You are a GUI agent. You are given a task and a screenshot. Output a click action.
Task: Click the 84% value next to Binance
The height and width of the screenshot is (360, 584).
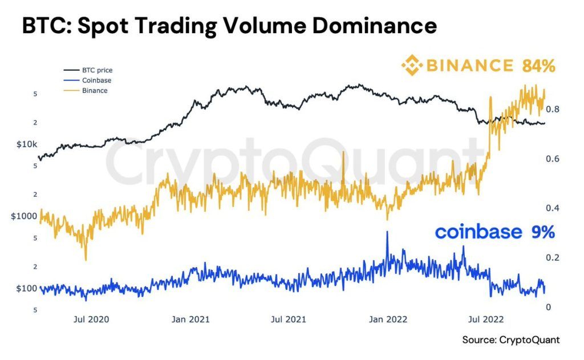click(x=538, y=66)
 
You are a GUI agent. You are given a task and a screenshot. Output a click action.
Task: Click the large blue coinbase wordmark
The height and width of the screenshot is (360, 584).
click(x=478, y=232)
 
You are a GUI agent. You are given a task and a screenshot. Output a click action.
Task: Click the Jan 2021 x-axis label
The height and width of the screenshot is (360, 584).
click(x=190, y=319)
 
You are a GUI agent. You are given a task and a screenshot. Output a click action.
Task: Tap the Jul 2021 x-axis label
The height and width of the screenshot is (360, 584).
click(x=289, y=319)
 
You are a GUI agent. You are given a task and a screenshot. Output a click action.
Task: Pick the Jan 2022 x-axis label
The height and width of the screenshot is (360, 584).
click(x=388, y=319)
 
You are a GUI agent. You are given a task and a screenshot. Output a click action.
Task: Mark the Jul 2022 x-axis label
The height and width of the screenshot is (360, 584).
click(x=486, y=319)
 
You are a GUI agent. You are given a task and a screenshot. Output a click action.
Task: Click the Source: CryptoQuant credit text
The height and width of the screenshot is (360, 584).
click(x=511, y=340)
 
